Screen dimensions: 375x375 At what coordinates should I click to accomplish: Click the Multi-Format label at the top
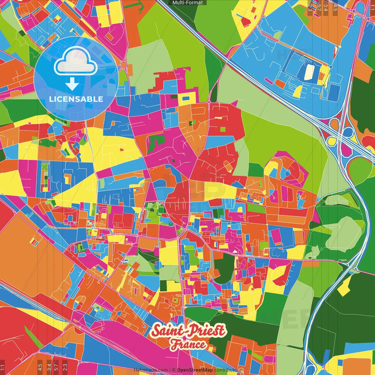(187, 3)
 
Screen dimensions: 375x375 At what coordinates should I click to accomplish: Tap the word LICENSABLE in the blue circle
(76, 99)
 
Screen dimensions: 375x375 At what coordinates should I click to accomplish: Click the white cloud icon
(76, 61)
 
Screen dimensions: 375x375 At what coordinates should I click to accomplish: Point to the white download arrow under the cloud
(72, 84)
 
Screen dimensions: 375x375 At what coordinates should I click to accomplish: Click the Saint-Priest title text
(188, 331)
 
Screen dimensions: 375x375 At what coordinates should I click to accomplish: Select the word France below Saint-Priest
(188, 345)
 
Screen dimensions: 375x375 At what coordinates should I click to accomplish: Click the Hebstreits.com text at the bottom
(151, 370)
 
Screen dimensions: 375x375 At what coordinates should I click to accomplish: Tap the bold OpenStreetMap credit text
(195, 370)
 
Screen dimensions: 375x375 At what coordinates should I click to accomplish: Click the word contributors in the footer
(227, 370)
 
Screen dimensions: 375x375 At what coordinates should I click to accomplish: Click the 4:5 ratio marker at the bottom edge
(40, 367)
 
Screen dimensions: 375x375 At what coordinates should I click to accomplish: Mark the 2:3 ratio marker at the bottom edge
(65, 367)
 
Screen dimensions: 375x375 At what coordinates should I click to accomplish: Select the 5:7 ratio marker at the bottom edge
(56, 367)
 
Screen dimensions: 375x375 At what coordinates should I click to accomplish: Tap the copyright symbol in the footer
(173, 370)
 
